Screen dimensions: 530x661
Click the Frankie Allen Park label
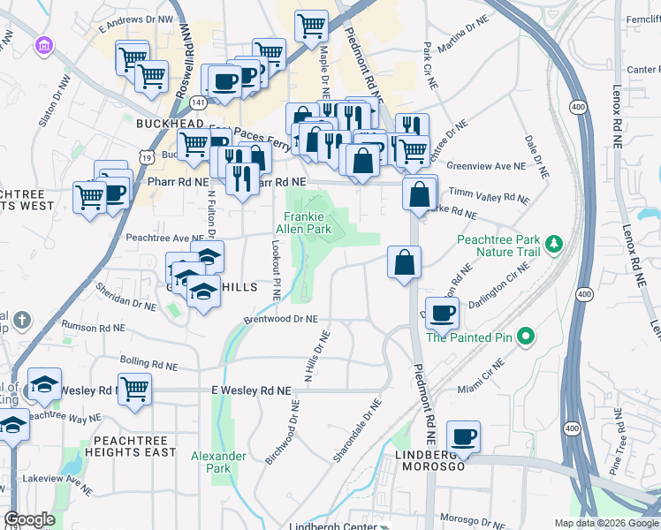[307, 223]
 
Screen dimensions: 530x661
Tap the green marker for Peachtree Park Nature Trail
[554, 243]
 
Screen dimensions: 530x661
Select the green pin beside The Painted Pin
[525, 337]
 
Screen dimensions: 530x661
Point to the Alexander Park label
[218, 462]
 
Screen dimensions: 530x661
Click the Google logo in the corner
[29, 519]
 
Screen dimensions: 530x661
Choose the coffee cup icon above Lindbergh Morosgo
[463, 435]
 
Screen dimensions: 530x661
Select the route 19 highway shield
[146, 156]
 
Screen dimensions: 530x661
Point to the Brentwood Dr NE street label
[282, 321]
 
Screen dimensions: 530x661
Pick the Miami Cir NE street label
[480, 374]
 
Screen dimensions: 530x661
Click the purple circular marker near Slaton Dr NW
[42, 45]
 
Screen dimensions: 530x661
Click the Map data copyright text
[605, 523]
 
